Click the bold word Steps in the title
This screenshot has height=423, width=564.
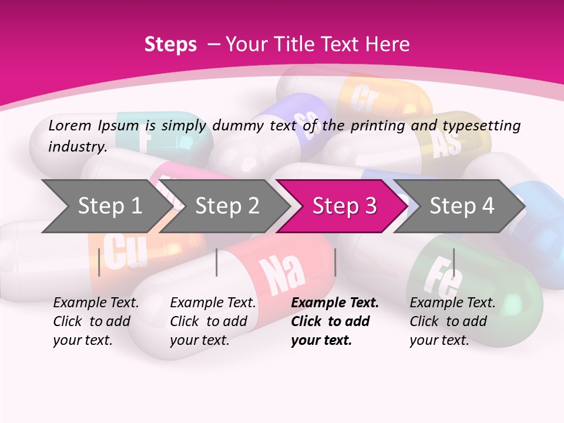[170, 45]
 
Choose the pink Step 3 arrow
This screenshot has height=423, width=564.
[344, 206]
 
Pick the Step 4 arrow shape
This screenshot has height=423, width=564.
[462, 206]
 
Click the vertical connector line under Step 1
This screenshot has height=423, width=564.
[99, 262]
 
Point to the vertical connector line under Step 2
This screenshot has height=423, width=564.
[217, 262]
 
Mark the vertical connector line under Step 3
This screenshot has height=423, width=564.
[335, 262]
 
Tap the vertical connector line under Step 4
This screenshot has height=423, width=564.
[454, 262]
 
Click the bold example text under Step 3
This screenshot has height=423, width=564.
[335, 321]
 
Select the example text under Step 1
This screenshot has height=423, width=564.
[96, 321]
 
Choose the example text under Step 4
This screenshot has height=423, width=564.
[452, 321]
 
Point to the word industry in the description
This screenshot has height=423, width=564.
[76, 146]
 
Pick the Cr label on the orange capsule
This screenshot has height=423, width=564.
[363, 99]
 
